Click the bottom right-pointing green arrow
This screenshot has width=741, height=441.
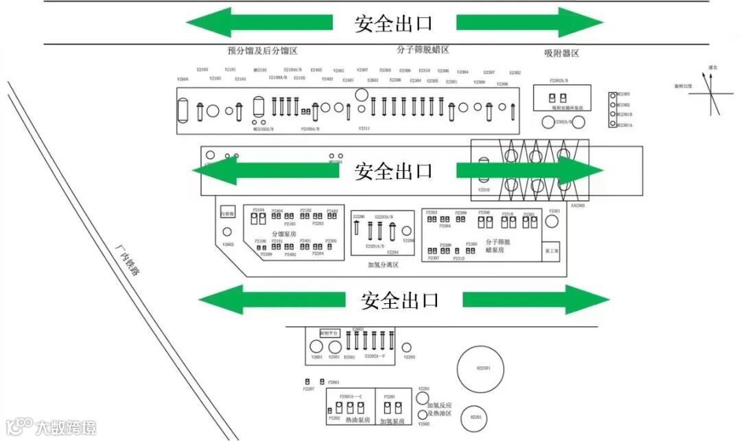(536, 300)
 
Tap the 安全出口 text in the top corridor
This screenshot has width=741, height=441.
(393, 23)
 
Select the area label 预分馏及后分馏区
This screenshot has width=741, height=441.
(263, 51)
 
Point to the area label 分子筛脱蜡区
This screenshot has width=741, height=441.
(423, 50)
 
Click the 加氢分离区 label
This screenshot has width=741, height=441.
(383, 265)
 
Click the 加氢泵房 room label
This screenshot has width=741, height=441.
(392, 420)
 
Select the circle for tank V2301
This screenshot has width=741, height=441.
(552, 222)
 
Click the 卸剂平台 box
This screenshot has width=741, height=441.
(330, 333)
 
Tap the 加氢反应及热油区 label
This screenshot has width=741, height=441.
(439, 409)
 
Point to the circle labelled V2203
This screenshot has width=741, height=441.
(407, 348)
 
